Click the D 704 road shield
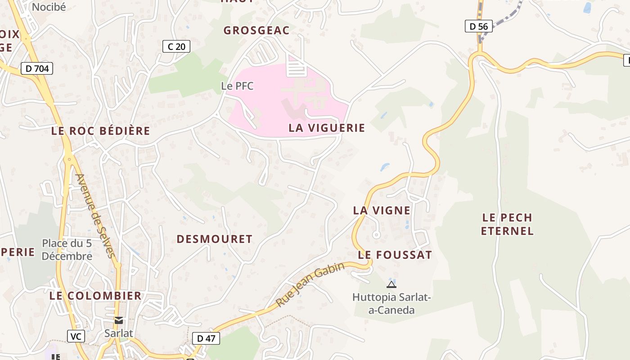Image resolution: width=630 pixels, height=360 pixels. (x=37, y=68)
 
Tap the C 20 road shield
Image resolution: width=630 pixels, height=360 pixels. (x=176, y=46)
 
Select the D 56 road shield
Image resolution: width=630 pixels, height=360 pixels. (x=478, y=26)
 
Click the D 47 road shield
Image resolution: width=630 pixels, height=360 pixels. (x=206, y=338)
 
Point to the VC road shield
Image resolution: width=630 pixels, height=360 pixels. (x=76, y=336)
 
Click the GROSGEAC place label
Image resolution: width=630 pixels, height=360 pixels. (x=256, y=30)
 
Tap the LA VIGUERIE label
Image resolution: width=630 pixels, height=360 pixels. (x=327, y=128)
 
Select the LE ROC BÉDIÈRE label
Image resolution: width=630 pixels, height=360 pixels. (x=100, y=131)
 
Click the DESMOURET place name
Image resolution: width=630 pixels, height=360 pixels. (x=214, y=239)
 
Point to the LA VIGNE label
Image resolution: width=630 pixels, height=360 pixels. (x=382, y=210)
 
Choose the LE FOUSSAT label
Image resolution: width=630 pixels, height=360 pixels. (x=395, y=255)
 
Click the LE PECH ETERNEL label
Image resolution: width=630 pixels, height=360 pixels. (x=507, y=224)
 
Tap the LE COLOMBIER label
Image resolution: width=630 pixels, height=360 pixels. (x=95, y=296)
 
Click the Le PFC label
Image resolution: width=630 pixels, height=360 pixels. (x=237, y=85)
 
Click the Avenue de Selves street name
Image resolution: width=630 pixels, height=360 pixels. (x=96, y=216)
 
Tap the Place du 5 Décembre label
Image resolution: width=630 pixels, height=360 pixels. (x=67, y=250)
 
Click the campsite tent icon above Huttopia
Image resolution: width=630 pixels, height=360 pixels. (x=391, y=284)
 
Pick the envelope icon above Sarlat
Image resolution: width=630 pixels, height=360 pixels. (x=119, y=320)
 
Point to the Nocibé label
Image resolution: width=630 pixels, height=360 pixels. (x=49, y=7)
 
